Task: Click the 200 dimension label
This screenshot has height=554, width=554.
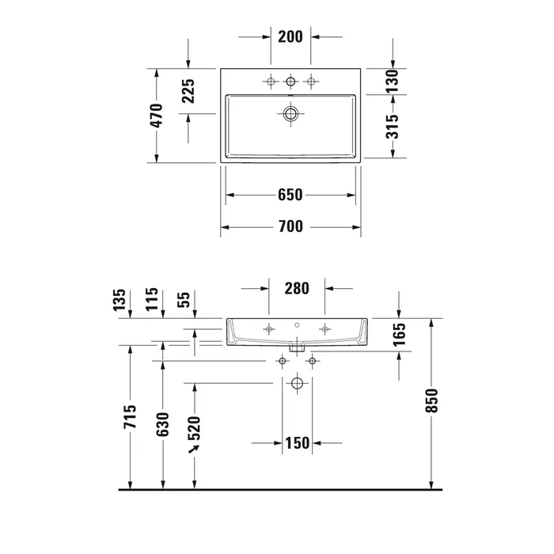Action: (x=290, y=36)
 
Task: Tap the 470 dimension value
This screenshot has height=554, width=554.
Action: (x=157, y=116)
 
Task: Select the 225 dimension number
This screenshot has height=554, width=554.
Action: (x=188, y=91)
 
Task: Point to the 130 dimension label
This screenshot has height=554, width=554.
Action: (x=393, y=82)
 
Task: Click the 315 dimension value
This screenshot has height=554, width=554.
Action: (x=393, y=127)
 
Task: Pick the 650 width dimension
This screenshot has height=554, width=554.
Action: (x=290, y=195)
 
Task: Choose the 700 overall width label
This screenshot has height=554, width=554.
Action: (x=290, y=227)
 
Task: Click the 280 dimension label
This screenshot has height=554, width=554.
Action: (x=297, y=289)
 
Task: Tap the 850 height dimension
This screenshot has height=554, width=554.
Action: (x=431, y=400)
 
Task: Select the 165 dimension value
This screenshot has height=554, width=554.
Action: (x=399, y=334)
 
